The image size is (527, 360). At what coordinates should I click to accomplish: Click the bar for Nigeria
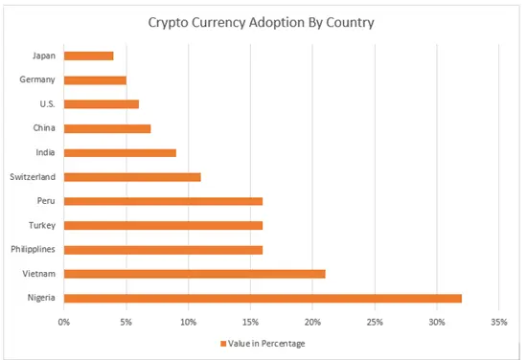coord(263,298)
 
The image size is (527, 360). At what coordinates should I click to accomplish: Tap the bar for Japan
coord(89,56)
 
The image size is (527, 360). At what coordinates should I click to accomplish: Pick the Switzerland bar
coord(132,176)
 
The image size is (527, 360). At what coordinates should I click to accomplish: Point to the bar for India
coord(120,152)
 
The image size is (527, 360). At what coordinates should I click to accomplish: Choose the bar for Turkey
coord(163,225)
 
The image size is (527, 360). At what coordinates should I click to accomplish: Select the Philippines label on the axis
coord(32,249)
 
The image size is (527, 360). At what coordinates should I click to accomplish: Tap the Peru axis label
coord(44,201)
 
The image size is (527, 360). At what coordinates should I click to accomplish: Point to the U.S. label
coord(45,103)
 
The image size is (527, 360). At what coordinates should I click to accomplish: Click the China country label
coord(42,127)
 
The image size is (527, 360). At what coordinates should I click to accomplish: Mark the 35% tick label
coord(497,321)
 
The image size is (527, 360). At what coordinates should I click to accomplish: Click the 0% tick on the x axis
coord(64,321)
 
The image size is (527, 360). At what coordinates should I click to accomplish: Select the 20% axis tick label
coord(312,321)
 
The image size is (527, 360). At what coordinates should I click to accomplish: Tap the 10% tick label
coord(188,321)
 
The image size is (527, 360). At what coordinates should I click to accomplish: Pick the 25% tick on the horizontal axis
coord(374,321)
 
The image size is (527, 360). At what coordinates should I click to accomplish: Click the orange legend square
coord(223,343)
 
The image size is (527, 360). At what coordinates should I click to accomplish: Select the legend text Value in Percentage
coord(267,343)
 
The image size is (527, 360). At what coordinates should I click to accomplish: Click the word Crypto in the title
coord(169,21)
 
